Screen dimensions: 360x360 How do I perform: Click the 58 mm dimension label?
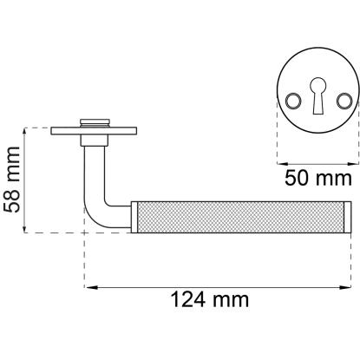click(11, 180)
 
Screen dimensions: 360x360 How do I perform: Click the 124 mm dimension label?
click(210, 299)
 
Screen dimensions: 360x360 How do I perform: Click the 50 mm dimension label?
click(318, 178)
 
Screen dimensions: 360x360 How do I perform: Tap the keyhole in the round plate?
click(318, 95)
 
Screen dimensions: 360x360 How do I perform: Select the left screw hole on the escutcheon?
click(293, 101)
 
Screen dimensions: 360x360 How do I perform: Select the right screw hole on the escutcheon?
click(344, 101)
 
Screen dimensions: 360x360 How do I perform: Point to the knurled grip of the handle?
click(240, 217)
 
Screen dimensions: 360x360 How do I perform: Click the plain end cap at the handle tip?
click(348, 217)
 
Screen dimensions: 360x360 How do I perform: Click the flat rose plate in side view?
click(94, 131)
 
